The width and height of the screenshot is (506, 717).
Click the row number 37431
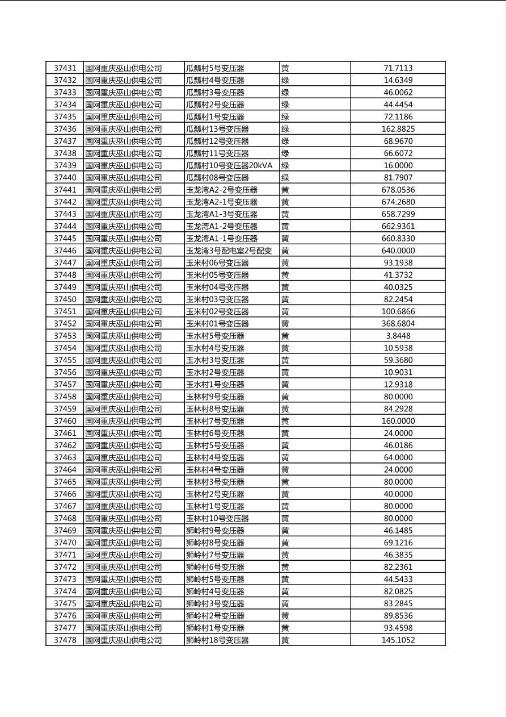[x=65, y=68]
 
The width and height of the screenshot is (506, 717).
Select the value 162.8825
[x=398, y=129]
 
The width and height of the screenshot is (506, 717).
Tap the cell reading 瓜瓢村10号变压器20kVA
[x=229, y=165]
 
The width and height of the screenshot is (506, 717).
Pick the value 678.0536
[x=398, y=190]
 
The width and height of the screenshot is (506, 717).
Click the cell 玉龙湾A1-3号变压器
[x=222, y=214]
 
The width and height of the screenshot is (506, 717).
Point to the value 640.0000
[x=398, y=251]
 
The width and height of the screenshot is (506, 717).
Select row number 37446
[x=65, y=251]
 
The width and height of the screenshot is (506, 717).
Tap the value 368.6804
[x=398, y=324]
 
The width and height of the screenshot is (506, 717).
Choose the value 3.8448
[x=398, y=336]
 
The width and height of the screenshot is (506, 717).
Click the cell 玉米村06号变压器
[x=217, y=263]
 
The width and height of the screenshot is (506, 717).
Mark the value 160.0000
[x=398, y=421]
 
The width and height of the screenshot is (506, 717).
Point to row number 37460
[x=65, y=421]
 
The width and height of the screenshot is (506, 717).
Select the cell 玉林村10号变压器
[x=217, y=518]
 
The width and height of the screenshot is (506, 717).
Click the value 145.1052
[x=398, y=640]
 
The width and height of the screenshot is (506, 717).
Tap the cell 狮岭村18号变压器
[x=217, y=640]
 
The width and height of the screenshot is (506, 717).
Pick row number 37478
[x=65, y=640]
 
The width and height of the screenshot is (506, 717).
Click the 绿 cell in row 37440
[x=285, y=178]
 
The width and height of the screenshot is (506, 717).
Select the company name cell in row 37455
[x=123, y=360]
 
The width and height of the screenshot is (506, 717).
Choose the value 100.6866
[x=398, y=311]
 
